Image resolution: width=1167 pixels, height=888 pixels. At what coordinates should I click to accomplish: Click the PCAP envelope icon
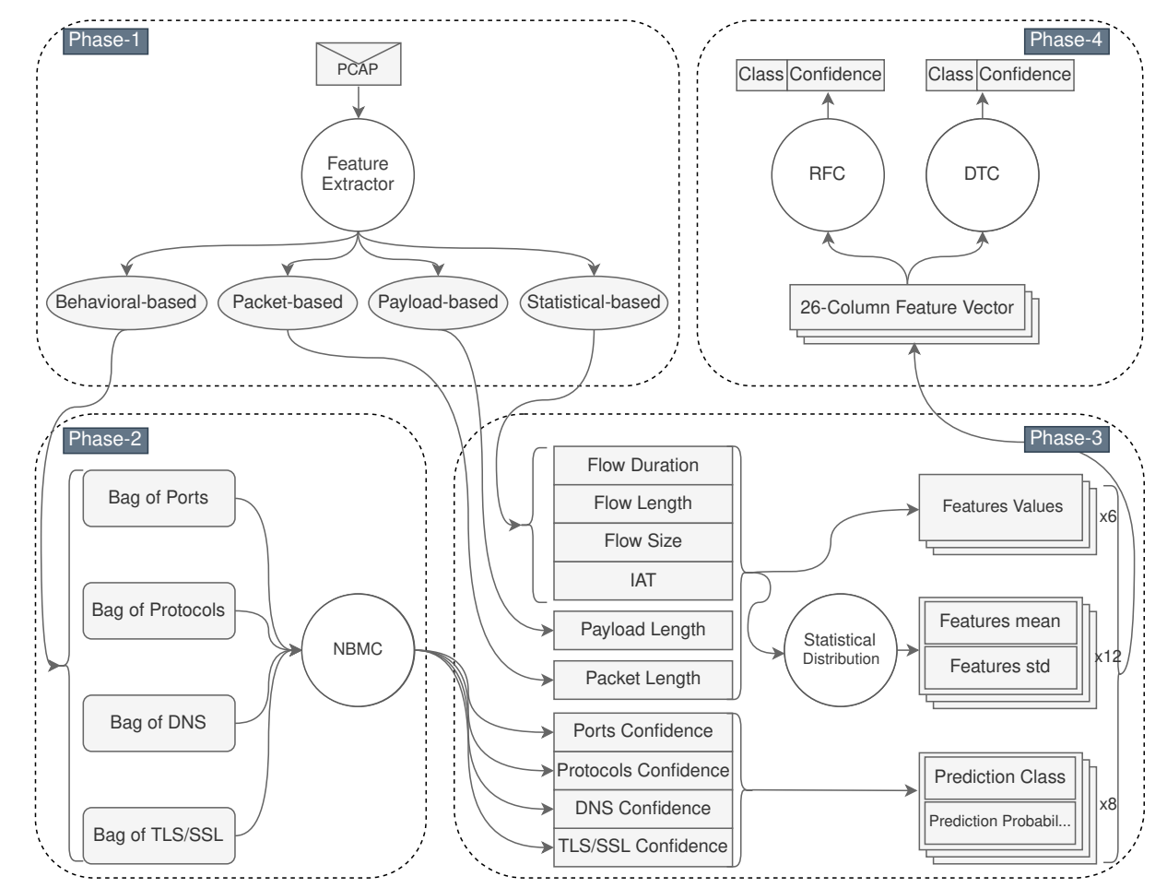(x=358, y=65)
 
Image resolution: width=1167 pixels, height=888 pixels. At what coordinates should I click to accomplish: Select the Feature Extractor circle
(x=358, y=174)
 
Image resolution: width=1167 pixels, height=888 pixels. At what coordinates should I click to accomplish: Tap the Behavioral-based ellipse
(x=125, y=302)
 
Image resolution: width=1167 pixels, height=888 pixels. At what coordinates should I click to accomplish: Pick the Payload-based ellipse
(x=438, y=302)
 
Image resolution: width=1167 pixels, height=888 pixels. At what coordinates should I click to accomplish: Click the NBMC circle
(x=357, y=649)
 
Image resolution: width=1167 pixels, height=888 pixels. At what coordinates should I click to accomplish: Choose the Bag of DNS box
(x=159, y=723)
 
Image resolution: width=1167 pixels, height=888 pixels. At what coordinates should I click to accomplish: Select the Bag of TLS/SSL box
(x=159, y=835)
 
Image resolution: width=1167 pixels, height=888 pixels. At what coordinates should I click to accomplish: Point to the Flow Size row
(x=642, y=541)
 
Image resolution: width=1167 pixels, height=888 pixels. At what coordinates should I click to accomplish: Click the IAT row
(x=642, y=580)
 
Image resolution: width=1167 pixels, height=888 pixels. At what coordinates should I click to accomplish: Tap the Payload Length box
(x=642, y=630)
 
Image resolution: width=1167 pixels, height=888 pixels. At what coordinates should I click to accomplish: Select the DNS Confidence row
(x=642, y=809)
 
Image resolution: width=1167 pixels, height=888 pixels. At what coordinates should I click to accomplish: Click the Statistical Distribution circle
(x=840, y=649)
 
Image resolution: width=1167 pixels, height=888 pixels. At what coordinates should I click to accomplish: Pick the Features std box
(x=999, y=667)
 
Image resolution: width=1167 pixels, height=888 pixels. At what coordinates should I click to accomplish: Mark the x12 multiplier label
(x=1107, y=657)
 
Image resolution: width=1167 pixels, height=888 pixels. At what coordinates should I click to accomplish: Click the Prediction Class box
(x=999, y=777)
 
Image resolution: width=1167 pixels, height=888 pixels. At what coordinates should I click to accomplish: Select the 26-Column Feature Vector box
(x=907, y=308)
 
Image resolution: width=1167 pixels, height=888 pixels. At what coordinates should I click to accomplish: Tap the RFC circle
(x=827, y=174)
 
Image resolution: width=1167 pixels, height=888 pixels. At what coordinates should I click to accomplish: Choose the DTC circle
(x=982, y=174)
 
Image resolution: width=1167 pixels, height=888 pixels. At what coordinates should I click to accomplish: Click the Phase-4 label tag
(x=1066, y=40)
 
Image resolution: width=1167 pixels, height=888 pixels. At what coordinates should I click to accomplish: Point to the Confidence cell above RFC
(x=835, y=75)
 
